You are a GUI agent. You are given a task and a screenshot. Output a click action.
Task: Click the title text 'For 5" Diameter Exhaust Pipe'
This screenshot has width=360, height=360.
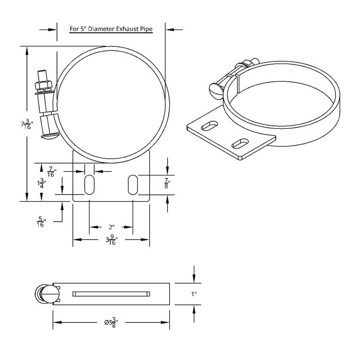(x=111, y=29)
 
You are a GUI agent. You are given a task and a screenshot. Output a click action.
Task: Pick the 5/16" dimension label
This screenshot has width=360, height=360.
(x=41, y=222)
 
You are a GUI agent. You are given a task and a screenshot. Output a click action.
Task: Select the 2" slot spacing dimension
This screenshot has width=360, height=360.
(x=111, y=227)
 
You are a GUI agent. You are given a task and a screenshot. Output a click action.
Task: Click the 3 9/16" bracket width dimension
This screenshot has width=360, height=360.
(x=112, y=240)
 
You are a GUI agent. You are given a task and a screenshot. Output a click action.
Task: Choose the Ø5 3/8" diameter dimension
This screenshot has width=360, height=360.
(x=111, y=322)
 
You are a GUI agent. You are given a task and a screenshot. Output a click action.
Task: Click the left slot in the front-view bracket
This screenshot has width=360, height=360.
(x=89, y=185)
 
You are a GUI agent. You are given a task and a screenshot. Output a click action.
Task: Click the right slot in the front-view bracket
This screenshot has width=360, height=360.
(x=133, y=185)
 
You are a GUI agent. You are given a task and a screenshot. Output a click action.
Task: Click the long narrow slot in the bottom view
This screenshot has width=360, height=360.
(x=111, y=294)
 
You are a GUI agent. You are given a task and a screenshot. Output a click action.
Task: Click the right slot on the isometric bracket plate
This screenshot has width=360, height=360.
(x=240, y=143)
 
